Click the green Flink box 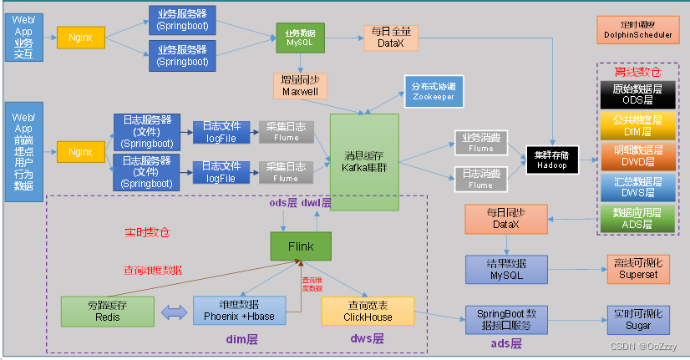(301, 246)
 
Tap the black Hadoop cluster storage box (551, 160)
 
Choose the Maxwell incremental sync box (300, 84)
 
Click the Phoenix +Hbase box (246, 310)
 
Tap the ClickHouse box (368, 312)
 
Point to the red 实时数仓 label (148, 231)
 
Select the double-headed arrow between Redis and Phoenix (174, 312)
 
